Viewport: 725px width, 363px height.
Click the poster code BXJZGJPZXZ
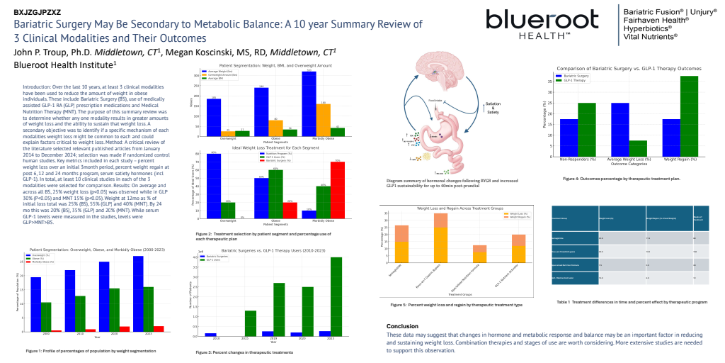coord(38,12)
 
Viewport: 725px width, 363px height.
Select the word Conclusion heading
coord(402,326)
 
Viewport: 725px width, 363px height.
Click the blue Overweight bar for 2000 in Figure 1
coord(35,304)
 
